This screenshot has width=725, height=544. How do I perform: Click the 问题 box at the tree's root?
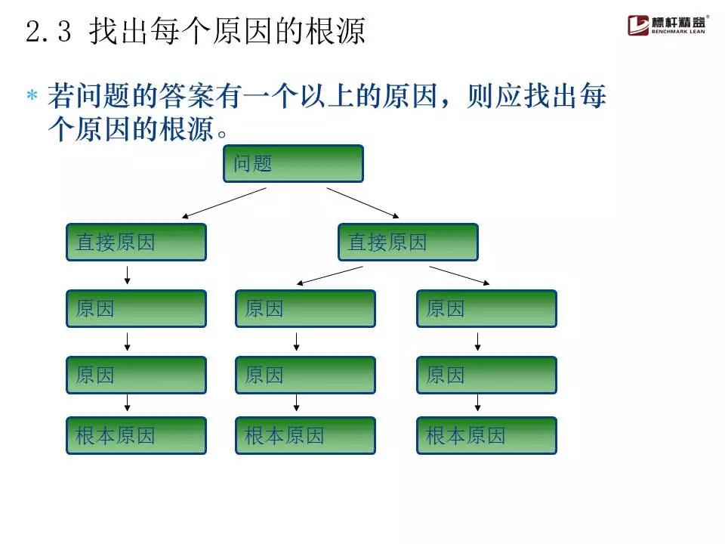click(x=293, y=163)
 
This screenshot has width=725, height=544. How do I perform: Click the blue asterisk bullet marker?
click(x=32, y=97)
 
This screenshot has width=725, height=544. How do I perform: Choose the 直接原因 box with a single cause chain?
click(x=136, y=242)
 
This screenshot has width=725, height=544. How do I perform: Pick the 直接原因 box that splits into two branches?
click(x=408, y=242)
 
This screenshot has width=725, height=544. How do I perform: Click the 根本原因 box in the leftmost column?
click(x=136, y=435)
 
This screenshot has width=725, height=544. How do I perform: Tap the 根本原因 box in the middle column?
click(x=305, y=435)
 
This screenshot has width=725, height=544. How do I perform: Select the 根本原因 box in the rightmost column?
click(x=486, y=435)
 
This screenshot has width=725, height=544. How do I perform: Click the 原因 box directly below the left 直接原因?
click(x=136, y=308)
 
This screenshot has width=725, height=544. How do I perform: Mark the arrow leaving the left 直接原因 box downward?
click(x=128, y=275)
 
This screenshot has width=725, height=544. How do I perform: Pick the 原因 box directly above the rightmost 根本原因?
click(x=486, y=375)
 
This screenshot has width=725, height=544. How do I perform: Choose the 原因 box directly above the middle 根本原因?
click(x=305, y=375)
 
